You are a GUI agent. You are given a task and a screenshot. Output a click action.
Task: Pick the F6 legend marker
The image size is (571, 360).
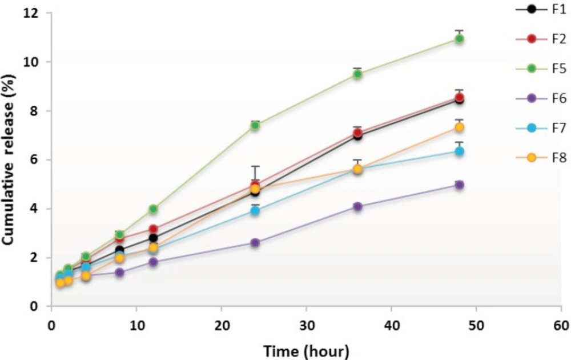532,99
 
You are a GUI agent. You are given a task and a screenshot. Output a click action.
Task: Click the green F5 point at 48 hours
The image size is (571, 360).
459,39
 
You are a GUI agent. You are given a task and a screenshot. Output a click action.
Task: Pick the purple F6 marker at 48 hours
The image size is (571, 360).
459,185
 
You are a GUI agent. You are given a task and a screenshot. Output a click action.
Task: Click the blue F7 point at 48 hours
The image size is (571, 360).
459,151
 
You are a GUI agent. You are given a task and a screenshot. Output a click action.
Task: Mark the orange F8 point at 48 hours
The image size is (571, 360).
459,127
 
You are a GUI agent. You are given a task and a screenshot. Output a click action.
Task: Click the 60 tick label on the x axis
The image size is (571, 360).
561,325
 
